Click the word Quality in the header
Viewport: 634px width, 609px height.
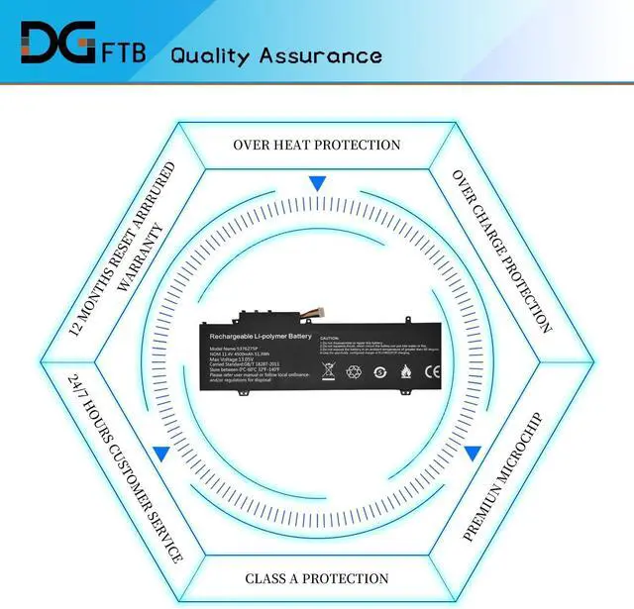tap(215, 54)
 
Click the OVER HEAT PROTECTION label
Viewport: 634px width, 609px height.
tap(317, 145)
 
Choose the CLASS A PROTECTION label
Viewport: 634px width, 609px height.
tap(317, 578)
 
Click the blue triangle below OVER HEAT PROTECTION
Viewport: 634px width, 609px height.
tap(317, 184)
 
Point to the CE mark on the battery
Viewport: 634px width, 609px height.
tap(433, 373)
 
